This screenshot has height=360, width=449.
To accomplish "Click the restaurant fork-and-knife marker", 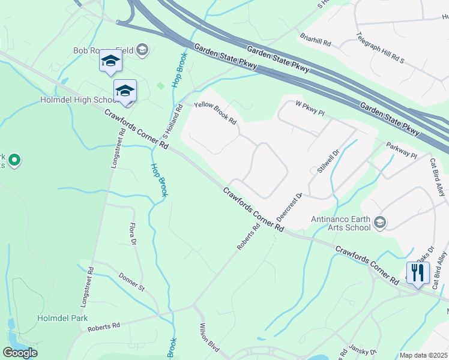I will click(418, 272).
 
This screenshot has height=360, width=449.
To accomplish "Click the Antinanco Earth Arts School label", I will click(340, 223).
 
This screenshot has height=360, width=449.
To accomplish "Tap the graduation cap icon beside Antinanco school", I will click(379, 223).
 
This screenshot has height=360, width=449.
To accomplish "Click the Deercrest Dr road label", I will click(288, 208).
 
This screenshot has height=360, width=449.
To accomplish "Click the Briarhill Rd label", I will click(315, 40).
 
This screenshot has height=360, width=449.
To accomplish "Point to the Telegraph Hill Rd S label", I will click(381, 49).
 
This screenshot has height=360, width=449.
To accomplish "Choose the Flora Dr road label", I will click(133, 235).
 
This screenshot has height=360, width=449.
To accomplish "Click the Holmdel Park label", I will click(62, 318).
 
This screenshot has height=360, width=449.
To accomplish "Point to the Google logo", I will click(20, 353).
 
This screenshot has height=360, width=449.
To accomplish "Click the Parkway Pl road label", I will click(401, 151).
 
